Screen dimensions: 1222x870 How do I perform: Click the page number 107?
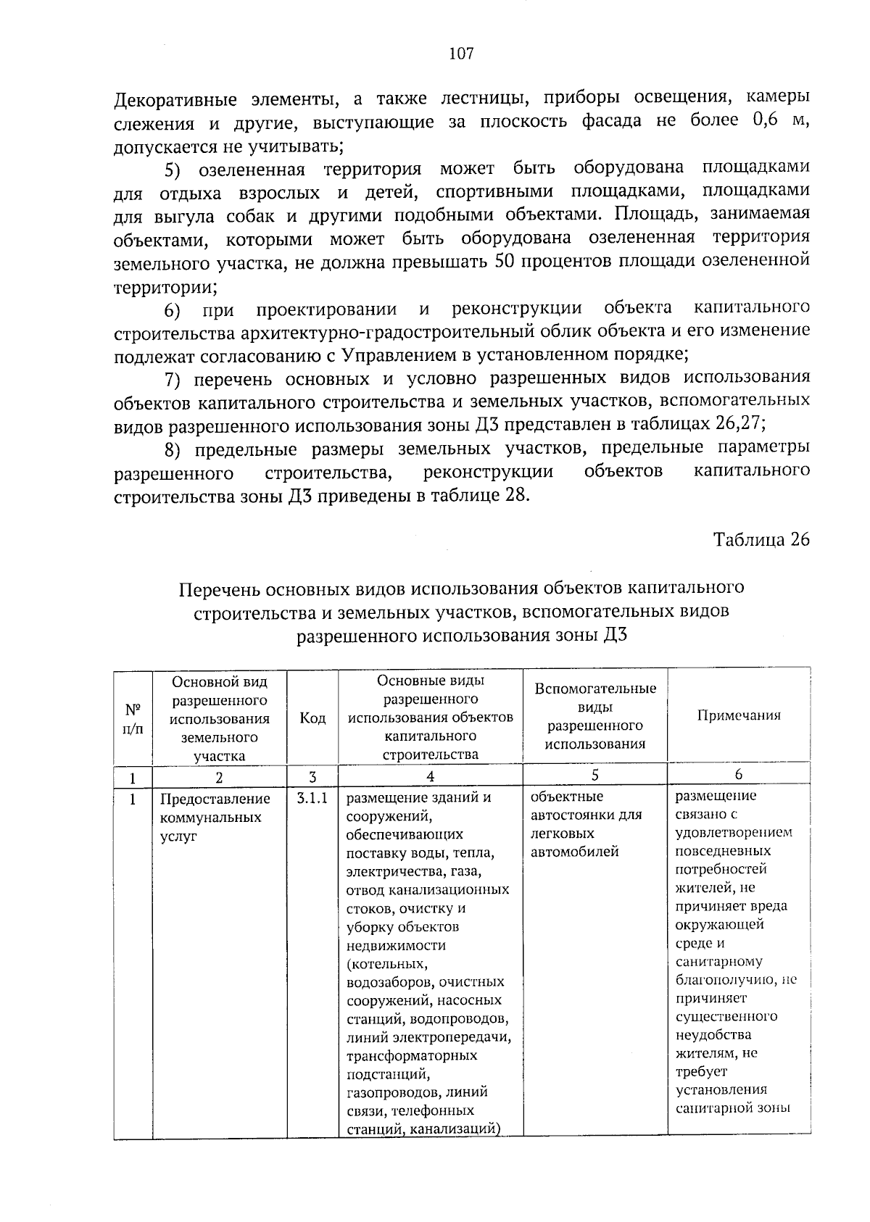pos(461,53)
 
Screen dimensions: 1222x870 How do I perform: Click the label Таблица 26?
pos(761,540)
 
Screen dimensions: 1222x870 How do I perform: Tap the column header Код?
pos(312,718)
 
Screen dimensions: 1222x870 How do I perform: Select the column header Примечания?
pos(739,715)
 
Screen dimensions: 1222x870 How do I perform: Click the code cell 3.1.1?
pos(312,799)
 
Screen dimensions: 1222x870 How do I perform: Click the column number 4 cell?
pos(430,776)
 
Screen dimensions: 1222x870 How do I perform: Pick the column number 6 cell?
pos(738,775)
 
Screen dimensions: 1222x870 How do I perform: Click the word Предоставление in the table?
pos(215,799)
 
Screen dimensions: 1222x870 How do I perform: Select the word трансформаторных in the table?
pos(412,1055)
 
